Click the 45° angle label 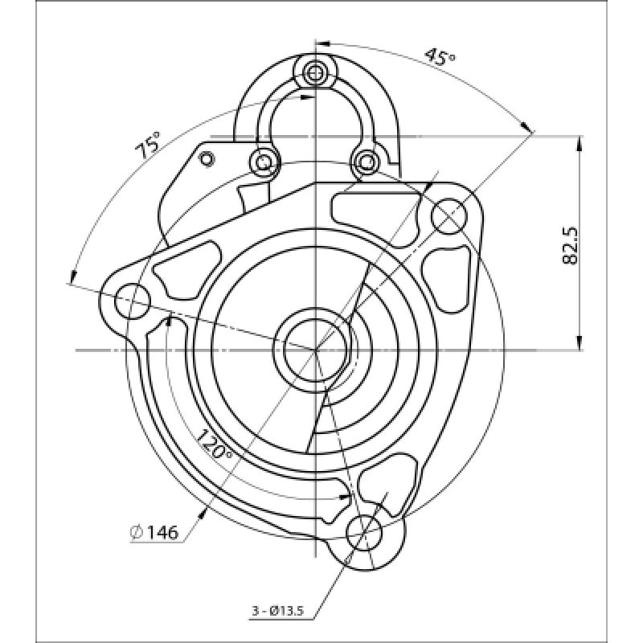tap(439, 57)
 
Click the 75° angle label tap(148, 145)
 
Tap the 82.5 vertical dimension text tap(571, 246)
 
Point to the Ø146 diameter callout tap(154, 532)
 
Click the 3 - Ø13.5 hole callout tap(277, 611)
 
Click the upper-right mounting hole tap(449, 216)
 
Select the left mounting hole tap(133, 301)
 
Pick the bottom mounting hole tap(364, 533)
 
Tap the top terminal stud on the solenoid tap(315, 73)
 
